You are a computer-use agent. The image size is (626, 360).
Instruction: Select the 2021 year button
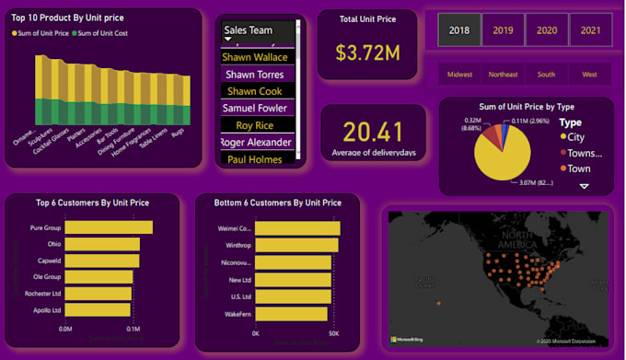(590, 30)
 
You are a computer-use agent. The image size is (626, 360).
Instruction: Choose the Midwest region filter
(459, 74)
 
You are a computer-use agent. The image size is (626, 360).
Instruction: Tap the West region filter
(589, 74)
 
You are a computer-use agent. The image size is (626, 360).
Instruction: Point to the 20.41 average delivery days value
(372, 132)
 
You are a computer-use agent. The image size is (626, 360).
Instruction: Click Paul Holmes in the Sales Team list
(255, 159)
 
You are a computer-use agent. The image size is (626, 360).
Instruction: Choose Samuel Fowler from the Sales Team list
(257, 108)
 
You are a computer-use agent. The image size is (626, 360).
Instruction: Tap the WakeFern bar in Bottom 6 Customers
(291, 314)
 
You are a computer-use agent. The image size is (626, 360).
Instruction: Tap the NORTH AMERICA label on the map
(516, 240)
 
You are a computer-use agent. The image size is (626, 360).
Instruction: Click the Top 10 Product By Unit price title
(68, 17)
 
